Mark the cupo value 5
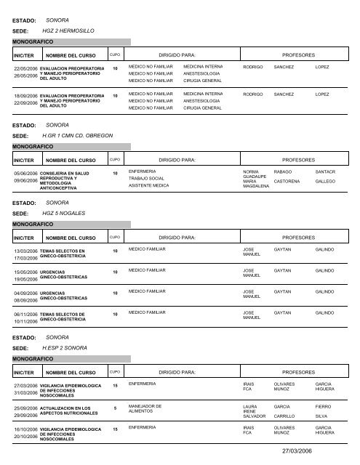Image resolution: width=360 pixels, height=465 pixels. pos(115,408)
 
